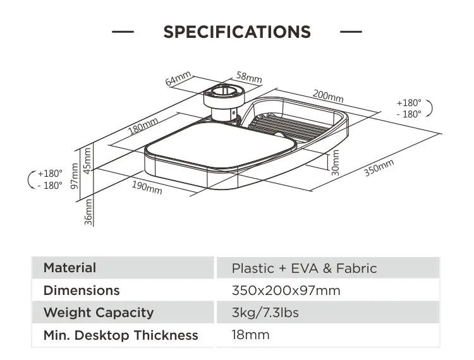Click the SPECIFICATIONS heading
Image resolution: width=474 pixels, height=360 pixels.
237,32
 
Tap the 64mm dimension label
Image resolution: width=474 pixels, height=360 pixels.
178,79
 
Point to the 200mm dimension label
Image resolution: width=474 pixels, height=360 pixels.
328,96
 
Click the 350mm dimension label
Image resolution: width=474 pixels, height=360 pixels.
379,169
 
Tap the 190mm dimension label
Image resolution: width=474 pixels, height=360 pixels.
147,188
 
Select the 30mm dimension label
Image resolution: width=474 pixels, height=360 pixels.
335,165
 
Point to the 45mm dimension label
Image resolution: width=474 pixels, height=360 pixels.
88,159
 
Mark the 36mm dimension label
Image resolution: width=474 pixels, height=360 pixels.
88,210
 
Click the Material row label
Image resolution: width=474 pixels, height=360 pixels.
70,268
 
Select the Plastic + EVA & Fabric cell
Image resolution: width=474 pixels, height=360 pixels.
304,268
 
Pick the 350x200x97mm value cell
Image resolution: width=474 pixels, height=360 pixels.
286,291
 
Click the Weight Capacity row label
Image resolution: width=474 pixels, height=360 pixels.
99,313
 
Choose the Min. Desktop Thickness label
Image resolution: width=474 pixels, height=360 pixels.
121,335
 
